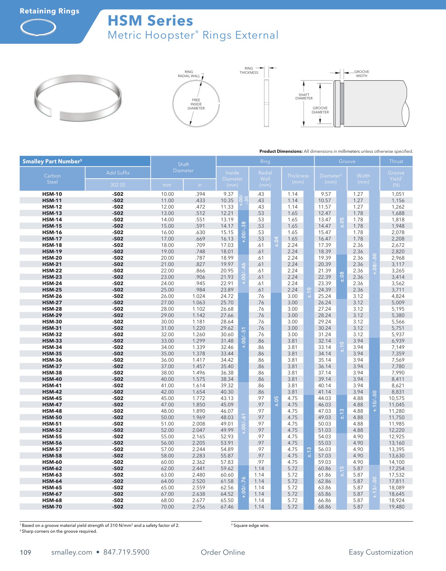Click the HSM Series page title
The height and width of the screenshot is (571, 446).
point(150,21)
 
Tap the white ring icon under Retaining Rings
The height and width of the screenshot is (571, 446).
point(38,27)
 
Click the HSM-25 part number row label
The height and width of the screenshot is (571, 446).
point(52,290)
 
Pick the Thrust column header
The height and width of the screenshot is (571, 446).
point(396,162)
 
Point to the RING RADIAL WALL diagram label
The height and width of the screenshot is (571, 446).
point(189,74)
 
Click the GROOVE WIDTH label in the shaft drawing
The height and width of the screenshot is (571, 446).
point(361,74)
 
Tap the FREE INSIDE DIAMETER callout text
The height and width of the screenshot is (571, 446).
point(196,104)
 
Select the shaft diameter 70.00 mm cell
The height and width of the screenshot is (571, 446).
point(167,507)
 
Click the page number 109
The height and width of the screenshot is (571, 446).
point(26,552)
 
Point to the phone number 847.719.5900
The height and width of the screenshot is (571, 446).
point(126,552)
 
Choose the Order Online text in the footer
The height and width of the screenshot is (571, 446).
point(223,552)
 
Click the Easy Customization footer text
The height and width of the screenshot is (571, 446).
point(381,552)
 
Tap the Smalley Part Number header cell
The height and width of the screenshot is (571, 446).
point(52,162)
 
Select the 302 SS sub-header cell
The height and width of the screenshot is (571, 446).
point(118,185)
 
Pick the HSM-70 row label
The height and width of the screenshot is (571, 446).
point(52,507)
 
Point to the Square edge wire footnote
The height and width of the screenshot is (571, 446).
point(251,525)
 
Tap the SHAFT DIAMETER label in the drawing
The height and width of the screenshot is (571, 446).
point(304,97)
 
